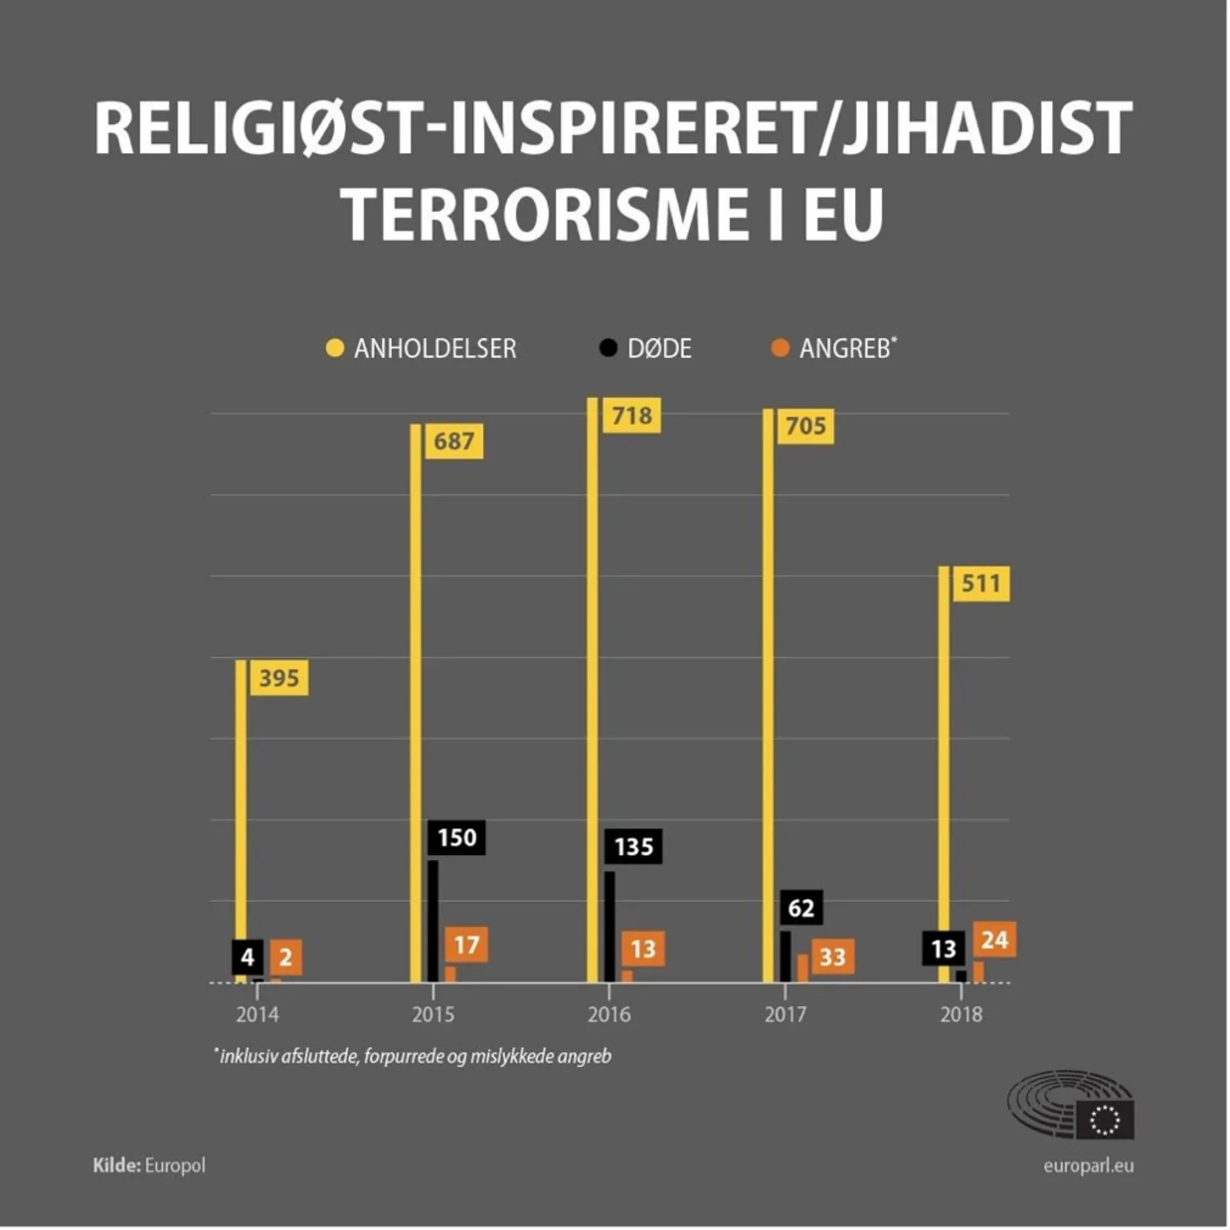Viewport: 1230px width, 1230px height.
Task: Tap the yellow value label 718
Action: [x=631, y=416]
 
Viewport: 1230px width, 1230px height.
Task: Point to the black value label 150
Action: [x=457, y=837]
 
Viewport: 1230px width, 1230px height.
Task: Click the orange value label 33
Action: [x=833, y=957]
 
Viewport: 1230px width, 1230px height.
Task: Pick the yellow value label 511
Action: [x=981, y=583]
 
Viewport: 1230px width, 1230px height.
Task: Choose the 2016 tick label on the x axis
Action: [x=609, y=1015]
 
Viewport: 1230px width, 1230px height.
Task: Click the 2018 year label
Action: [x=961, y=1015]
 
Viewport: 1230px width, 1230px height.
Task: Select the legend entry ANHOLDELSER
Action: [x=434, y=349]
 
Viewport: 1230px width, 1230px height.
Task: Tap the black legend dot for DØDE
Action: [x=608, y=348]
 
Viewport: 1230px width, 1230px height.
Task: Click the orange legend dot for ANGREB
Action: [x=780, y=348]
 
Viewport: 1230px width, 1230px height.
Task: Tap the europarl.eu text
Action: [x=1088, y=1165]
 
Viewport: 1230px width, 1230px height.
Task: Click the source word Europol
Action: [x=175, y=1165]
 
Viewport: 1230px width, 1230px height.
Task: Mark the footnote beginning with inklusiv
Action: [x=415, y=1056]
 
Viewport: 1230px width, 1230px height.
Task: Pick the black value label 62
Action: [x=801, y=908]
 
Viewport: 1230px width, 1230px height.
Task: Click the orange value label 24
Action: [x=995, y=939]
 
